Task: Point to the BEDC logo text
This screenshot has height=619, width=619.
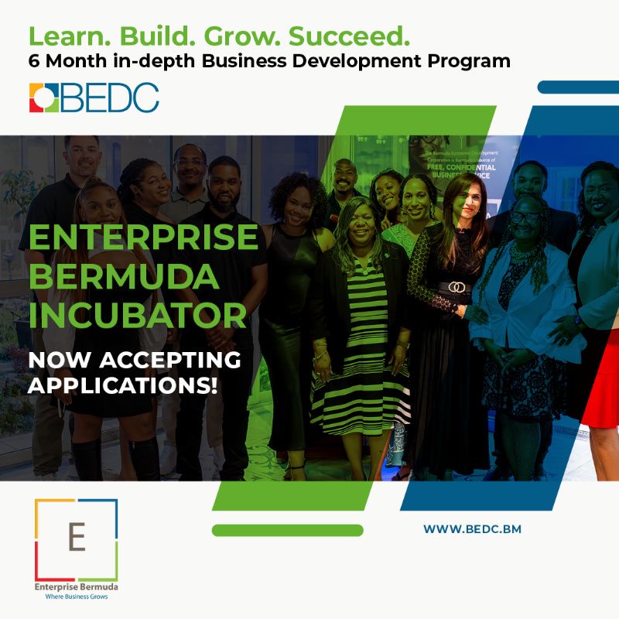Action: click(x=111, y=97)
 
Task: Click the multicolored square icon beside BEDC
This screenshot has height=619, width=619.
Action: click(x=44, y=97)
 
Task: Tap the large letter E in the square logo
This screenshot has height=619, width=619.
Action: click(x=76, y=535)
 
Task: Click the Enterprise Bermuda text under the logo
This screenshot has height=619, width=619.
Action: click(x=76, y=587)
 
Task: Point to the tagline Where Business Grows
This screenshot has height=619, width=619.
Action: click(x=76, y=597)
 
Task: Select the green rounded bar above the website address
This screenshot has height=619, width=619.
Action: click(x=287, y=530)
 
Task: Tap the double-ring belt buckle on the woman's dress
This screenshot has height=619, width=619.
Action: click(x=457, y=286)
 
